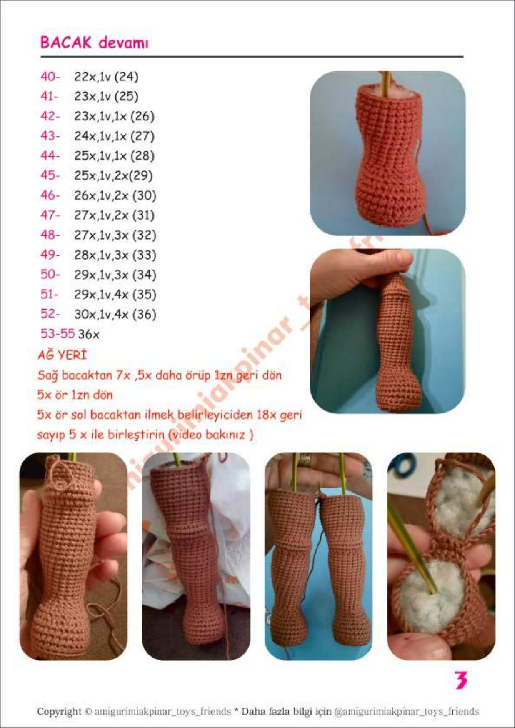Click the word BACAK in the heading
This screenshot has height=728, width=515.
[x=65, y=43]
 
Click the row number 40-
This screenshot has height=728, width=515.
[x=50, y=77]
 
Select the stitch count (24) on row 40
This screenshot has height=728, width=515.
[x=126, y=77]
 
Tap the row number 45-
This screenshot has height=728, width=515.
[x=50, y=175]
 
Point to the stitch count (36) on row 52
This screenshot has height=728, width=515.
[x=144, y=314]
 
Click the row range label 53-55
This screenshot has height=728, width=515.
[x=57, y=334]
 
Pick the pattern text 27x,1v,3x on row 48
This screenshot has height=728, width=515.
[x=102, y=235]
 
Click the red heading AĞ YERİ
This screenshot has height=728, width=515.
[x=62, y=355]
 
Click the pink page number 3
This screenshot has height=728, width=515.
[x=460, y=680]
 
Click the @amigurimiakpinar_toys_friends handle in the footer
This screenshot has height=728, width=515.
[x=406, y=711]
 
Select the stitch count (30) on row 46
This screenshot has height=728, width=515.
[x=144, y=195]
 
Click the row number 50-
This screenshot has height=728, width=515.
[x=50, y=275]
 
